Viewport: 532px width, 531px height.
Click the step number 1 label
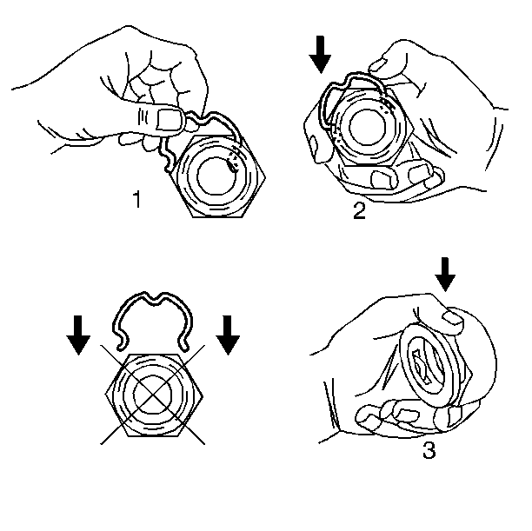coord(136,199)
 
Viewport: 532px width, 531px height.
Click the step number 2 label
coord(359,210)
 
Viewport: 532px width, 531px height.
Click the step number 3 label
coord(429,450)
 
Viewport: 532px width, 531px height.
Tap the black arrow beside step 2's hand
coord(320,55)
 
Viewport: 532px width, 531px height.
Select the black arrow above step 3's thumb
coord(445,274)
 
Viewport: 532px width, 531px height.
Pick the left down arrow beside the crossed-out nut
coord(78,335)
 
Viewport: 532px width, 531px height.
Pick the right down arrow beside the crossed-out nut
coord(228,335)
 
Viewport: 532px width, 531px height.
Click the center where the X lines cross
coord(153,395)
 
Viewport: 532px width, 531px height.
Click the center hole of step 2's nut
coord(367,128)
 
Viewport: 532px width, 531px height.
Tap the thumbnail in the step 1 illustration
coord(170,119)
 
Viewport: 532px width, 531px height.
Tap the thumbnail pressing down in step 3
coord(453,318)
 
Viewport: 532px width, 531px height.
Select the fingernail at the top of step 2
coord(377,65)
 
